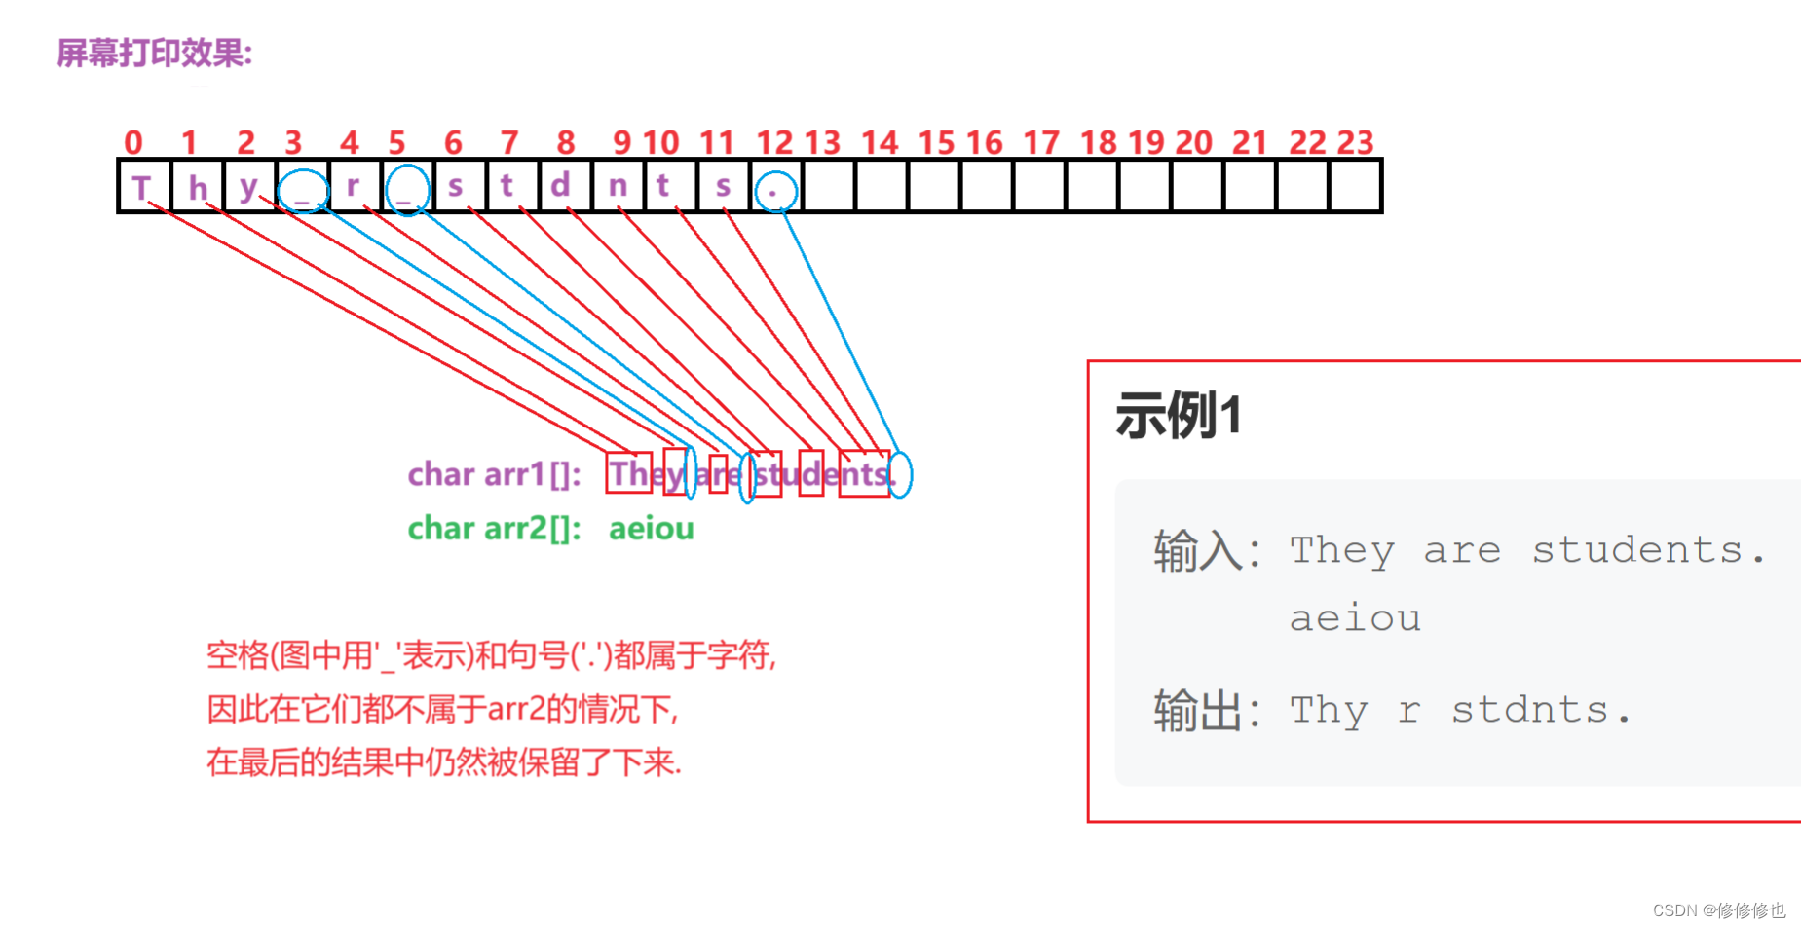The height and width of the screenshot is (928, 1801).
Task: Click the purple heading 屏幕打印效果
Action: point(154,54)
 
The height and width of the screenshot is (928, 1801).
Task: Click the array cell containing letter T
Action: point(142,186)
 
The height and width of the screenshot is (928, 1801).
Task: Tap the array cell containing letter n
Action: point(618,186)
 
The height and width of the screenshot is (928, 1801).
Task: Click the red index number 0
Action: point(133,143)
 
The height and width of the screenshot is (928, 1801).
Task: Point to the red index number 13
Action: point(822,143)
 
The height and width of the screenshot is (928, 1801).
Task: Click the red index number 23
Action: point(1355,143)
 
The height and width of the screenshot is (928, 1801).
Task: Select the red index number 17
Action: point(1040,143)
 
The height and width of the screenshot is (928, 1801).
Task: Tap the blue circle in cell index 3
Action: point(303,190)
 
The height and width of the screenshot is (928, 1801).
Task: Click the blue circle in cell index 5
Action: point(407,190)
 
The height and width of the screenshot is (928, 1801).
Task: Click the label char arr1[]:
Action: point(494,475)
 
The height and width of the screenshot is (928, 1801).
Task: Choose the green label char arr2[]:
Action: point(494,529)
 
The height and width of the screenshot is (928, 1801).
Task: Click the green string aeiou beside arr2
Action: point(651,529)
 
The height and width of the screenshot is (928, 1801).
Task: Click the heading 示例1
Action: point(1178,416)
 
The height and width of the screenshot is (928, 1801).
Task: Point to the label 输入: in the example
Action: point(1206,551)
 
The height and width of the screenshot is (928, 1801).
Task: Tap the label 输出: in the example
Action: point(1206,711)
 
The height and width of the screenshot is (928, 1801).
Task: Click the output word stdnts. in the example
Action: point(1540,711)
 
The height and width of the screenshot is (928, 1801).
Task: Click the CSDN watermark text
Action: point(1718,910)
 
